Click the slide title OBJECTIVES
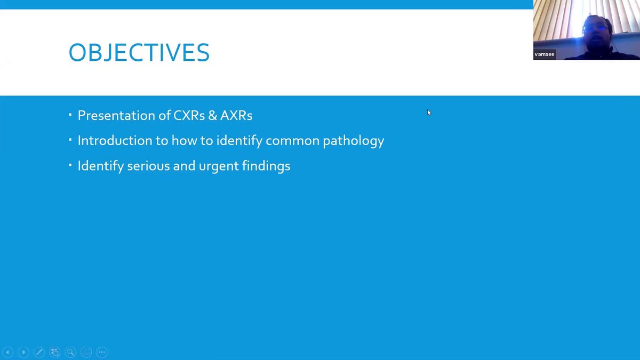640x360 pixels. click(139, 52)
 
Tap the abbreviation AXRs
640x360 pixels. click(236, 115)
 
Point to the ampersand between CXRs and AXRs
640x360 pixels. click(213, 115)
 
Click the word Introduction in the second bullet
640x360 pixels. click(115, 141)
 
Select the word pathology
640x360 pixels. click(354, 141)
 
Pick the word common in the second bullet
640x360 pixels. click(292, 141)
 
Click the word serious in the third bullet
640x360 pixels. click(149, 166)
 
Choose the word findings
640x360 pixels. click(266, 166)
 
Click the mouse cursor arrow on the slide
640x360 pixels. click(429, 113)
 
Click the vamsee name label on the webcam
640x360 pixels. click(545, 54)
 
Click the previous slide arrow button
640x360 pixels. click(7, 352)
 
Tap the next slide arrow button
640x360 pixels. click(23, 352)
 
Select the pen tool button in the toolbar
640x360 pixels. click(39, 352)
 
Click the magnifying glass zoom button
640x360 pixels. click(70, 352)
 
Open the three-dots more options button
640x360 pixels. click(102, 352)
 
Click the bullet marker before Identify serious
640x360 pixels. click(70, 165)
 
